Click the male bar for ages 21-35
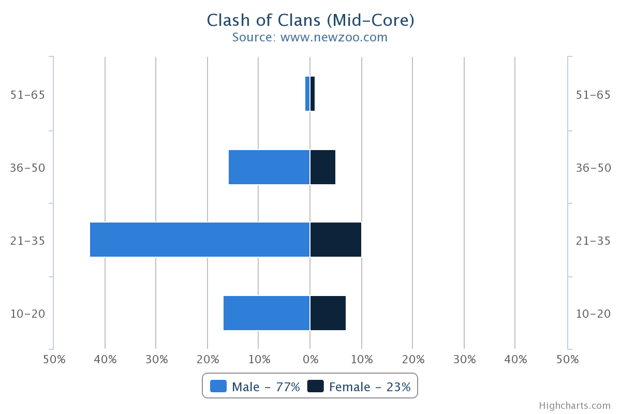pos(200,240)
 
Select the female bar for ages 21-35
pos(336,240)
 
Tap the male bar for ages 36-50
pos(269,167)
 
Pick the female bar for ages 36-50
pos(323,167)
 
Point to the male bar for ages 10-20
pos(267,313)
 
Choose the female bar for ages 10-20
pos(328,313)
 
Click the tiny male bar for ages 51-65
pos(307,94)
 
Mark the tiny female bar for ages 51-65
pos(313,94)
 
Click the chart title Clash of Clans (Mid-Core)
pos(310,20)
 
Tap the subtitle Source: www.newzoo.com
pos(310,37)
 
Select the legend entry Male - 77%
pos(255,387)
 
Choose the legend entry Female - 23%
pos(360,387)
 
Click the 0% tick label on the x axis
pos(310,359)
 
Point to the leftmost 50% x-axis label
pos(54,359)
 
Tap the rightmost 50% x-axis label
pos(567,359)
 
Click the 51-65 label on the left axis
pos(27,95)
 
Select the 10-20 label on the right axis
pos(593,314)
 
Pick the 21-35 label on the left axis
pos(27,241)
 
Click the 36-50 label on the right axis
pos(593,168)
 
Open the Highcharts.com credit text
pos(574,406)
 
